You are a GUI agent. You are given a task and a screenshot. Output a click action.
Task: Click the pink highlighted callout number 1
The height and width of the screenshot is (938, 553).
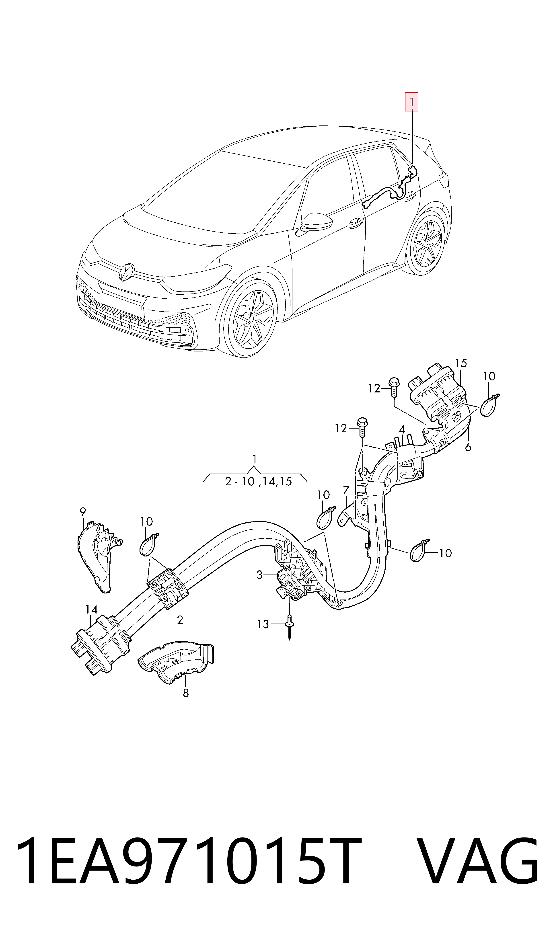click(x=411, y=102)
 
